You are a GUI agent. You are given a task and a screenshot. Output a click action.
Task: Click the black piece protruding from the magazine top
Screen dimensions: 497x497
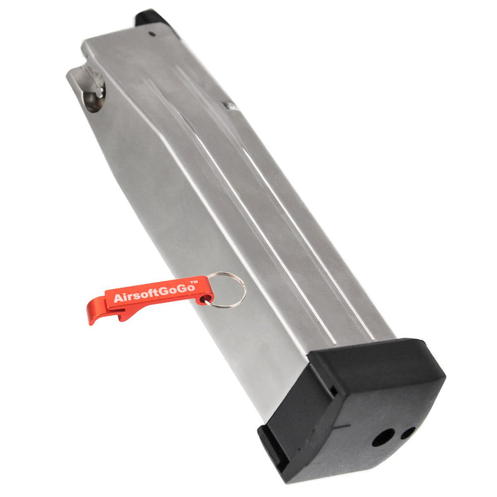click(x=150, y=19)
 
